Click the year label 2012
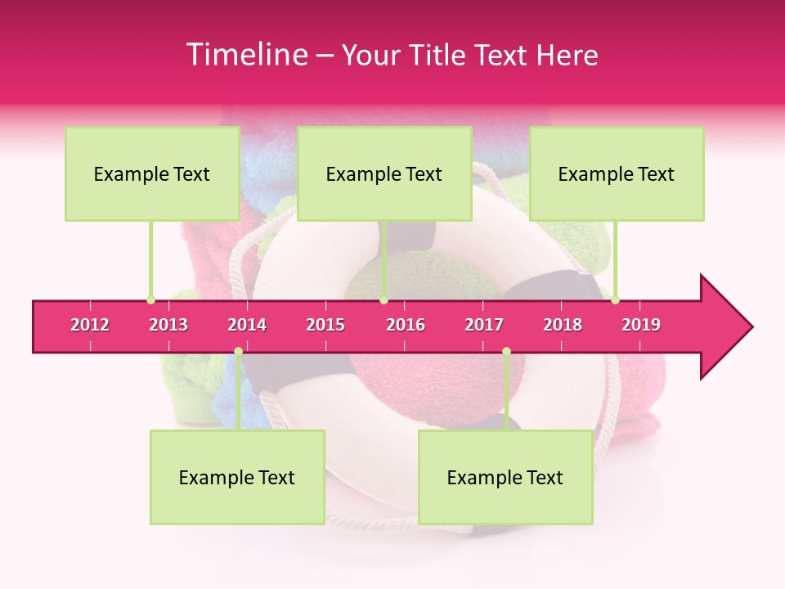point(90,325)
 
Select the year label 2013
point(168,325)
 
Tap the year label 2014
point(247,325)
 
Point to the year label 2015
point(325,325)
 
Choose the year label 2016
point(406,325)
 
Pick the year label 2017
point(484,325)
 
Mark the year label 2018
point(563,325)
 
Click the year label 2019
point(641,325)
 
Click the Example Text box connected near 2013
point(152,173)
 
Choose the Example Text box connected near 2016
point(384,173)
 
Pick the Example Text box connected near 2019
point(617,173)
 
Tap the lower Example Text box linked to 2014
point(237,477)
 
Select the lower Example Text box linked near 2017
point(505,477)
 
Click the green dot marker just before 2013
point(150,299)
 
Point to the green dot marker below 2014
point(238,351)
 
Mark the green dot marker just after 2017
point(506,351)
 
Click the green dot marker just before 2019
point(615,299)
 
